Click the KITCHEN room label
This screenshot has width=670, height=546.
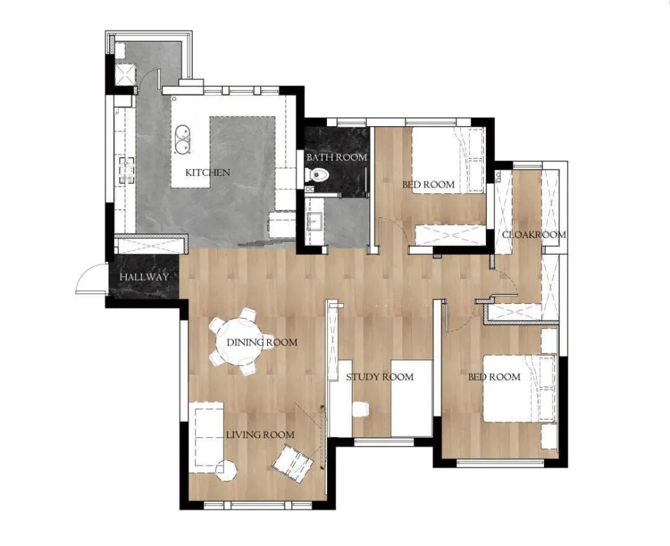pos(208,172)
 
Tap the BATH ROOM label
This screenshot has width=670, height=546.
pos(337,157)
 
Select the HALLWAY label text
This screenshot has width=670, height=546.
pos(144,277)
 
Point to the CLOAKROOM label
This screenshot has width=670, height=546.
pos(534,235)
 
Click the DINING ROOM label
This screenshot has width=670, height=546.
pos(262,342)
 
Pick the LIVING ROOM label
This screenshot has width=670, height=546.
pos(260,435)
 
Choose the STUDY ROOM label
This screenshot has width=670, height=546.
pos(380,377)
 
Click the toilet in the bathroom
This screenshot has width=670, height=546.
pos(318,174)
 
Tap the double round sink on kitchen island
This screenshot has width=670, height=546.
pos(182,139)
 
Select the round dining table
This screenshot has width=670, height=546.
pos(239,342)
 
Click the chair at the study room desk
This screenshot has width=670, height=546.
pos(361,409)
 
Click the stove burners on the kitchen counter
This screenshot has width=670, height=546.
pos(127,170)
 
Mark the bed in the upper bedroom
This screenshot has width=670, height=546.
pos(448,160)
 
